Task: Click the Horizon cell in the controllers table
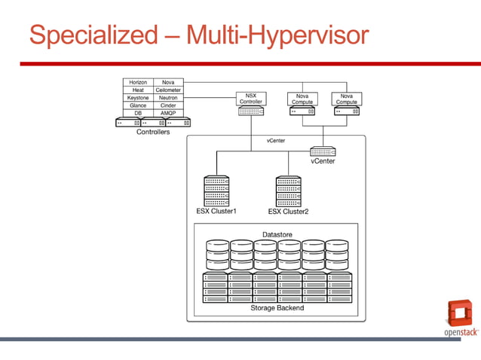coord(138,82)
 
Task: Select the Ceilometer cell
coord(168,90)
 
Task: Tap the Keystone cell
coord(138,98)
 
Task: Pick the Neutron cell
coord(168,98)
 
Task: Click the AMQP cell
coord(168,113)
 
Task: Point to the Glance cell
coord(138,105)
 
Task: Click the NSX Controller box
coord(250,99)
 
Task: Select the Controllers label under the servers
coord(153,132)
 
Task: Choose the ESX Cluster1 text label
coord(216,212)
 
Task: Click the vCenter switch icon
coord(323,151)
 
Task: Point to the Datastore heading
coord(277,235)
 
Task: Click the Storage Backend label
coord(277,308)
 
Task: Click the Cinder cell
coord(168,105)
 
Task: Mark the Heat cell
coord(138,90)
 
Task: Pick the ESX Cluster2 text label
coord(288,212)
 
